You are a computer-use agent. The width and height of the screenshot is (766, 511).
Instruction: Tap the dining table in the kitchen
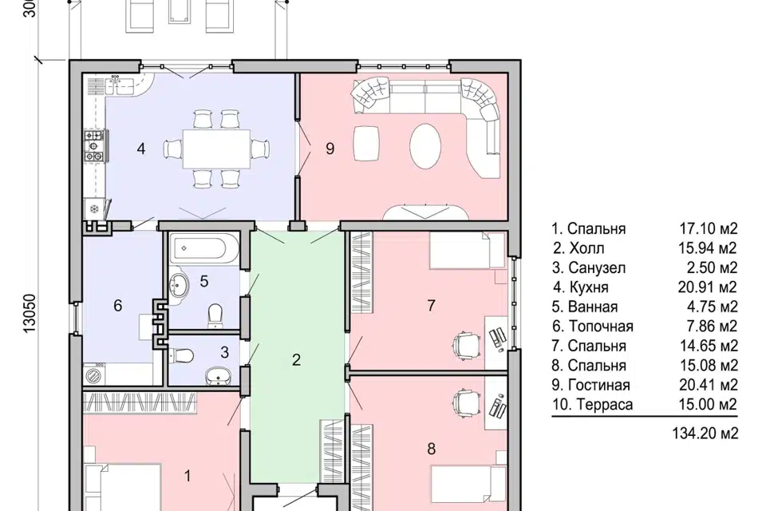(x=216, y=149)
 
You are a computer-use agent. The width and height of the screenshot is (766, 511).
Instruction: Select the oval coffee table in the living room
(x=425, y=146)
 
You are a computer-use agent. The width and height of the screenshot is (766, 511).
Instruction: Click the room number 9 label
(x=330, y=149)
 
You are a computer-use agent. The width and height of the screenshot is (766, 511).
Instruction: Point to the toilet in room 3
(x=181, y=355)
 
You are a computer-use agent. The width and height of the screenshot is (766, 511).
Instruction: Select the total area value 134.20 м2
(x=705, y=434)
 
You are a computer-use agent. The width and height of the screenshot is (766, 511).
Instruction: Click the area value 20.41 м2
(x=708, y=385)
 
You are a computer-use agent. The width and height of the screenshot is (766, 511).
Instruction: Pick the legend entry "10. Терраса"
(x=592, y=405)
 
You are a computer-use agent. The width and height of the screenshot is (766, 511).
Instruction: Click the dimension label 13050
(x=30, y=314)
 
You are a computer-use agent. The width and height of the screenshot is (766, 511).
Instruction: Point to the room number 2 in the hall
(x=296, y=360)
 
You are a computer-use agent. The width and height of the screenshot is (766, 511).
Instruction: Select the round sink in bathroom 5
(x=180, y=284)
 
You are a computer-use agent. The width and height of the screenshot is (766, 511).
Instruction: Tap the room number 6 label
(x=118, y=306)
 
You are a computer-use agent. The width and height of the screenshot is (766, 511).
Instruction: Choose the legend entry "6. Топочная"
(x=593, y=327)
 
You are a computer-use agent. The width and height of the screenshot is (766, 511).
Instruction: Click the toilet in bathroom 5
(x=215, y=316)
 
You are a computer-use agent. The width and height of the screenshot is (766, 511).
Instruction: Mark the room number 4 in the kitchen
(x=141, y=149)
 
